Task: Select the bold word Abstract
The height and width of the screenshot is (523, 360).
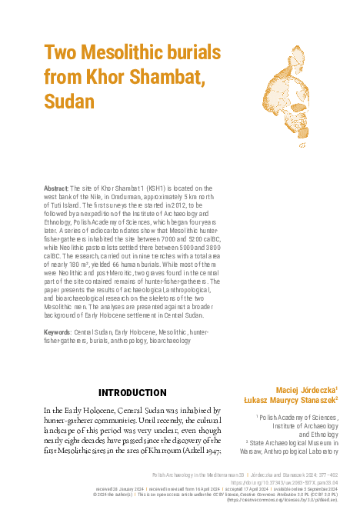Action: coord(55,188)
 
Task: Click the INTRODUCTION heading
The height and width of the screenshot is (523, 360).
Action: coord(132,392)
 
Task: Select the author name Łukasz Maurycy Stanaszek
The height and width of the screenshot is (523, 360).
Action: coord(294,401)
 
